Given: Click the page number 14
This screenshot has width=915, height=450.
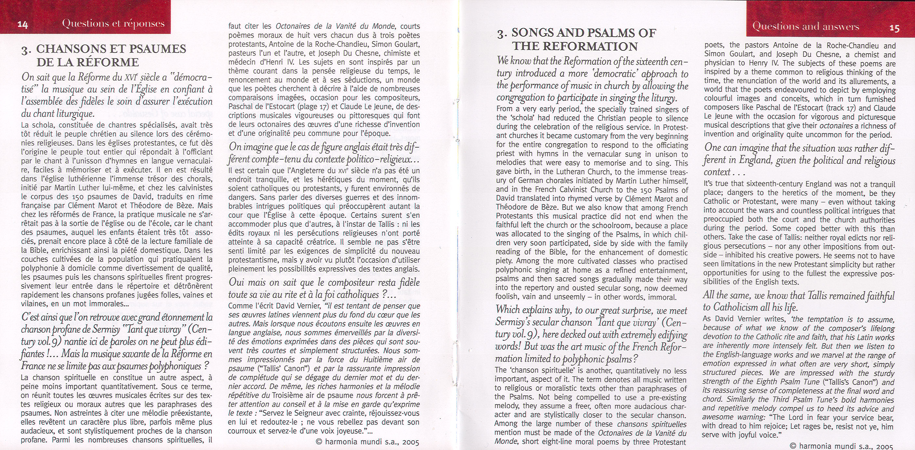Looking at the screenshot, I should (23, 25).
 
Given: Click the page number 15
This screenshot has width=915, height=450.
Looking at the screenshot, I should (895, 28).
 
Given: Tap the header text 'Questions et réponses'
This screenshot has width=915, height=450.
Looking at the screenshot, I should (113, 24).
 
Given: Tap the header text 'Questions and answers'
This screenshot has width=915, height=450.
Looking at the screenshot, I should (806, 27).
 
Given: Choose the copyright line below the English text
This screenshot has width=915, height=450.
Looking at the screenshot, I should (841, 446).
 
